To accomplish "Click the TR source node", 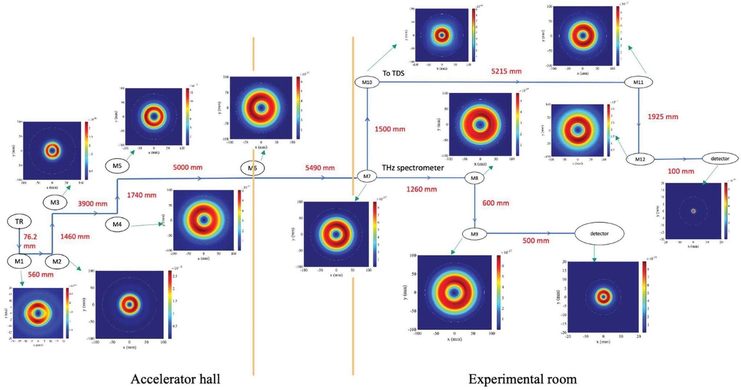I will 19,221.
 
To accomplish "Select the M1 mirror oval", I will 19,261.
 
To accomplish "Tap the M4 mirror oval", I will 117,224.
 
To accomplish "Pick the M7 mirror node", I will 367,177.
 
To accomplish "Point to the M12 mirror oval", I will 640,159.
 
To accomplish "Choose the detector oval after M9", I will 599,234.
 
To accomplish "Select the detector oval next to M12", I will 720,158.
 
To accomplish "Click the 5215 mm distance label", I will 506,71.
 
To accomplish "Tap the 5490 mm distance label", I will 320,168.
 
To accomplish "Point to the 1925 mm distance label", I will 663,117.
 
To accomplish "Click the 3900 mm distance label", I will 93,204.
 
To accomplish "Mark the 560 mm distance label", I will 41,275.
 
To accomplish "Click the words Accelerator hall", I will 175,379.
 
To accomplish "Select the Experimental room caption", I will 522,379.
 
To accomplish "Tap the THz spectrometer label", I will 413,168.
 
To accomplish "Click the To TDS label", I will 393,73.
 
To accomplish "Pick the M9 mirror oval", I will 474,234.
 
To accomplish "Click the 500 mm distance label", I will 536,241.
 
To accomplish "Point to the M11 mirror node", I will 638,82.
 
